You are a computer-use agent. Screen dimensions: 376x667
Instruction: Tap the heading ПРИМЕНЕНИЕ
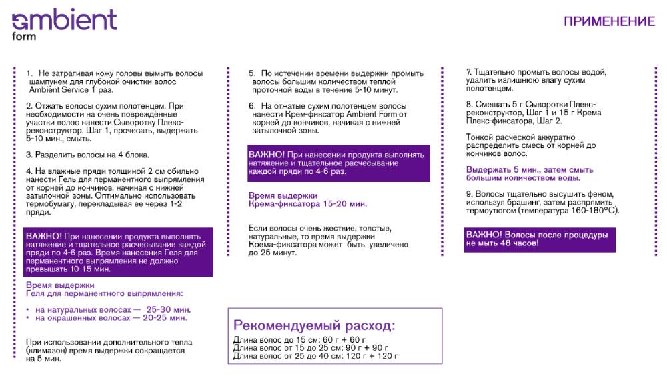(609, 21)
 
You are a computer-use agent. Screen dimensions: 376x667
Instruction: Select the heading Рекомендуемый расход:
(313, 326)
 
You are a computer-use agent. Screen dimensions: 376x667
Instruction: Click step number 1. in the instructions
(29, 73)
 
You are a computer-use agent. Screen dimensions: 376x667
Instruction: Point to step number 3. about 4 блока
(29, 155)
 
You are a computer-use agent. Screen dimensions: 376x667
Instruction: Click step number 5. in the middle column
(252, 73)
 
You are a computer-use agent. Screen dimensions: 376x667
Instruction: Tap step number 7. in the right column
(468, 71)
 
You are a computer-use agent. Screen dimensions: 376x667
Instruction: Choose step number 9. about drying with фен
(469, 194)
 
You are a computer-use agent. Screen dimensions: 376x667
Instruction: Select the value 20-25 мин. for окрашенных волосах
(164, 318)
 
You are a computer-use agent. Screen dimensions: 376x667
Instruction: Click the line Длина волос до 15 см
(267, 340)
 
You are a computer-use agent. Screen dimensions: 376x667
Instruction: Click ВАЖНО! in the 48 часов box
(484, 235)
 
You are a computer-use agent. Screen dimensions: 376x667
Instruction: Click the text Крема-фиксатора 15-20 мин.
(307, 204)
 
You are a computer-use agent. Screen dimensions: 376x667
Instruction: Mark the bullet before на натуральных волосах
(27, 310)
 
